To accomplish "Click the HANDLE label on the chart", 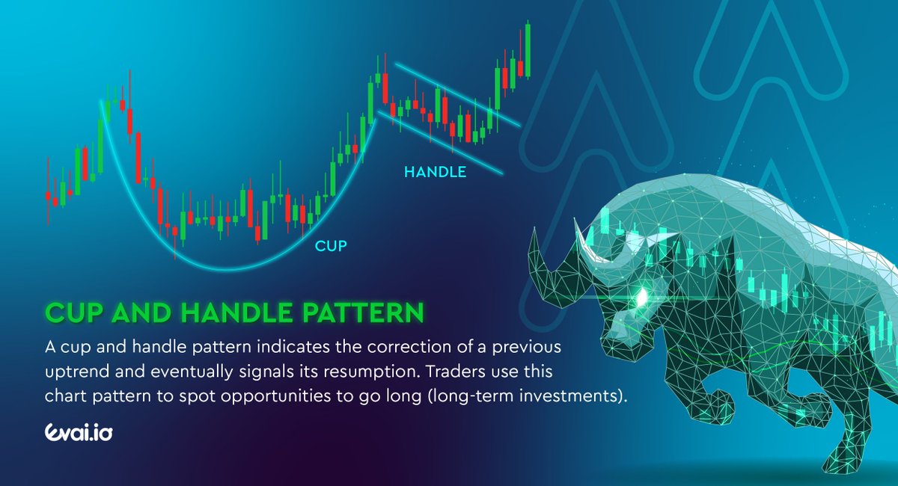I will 435,172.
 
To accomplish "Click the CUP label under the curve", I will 331,245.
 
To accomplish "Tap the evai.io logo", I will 79,434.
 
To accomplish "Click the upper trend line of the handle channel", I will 456,93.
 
